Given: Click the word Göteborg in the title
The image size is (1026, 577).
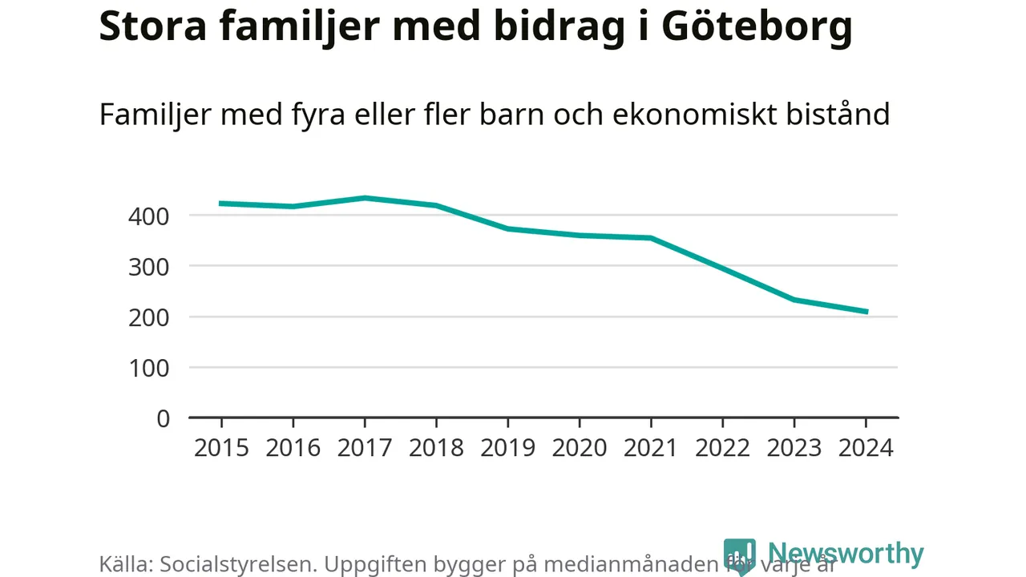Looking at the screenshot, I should click(757, 27).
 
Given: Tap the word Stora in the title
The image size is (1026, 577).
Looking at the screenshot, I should click(151, 26).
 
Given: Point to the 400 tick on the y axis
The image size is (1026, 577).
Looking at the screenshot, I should click(149, 216).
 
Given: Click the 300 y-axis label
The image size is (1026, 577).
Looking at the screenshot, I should click(149, 266).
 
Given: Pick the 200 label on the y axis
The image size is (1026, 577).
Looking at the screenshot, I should click(149, 317).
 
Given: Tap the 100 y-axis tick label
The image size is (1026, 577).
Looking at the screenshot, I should click(149, 368).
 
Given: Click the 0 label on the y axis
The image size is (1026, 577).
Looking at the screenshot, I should click(164, 418).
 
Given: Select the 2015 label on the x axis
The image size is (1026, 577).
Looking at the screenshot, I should click(221, 447).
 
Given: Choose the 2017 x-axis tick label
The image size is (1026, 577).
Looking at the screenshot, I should click(365, 447).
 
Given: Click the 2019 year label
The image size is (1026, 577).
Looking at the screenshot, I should click(507, 447).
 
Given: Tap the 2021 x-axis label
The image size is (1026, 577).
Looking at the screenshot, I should click(651, 447).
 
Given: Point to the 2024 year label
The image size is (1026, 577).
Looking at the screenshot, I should click(866, 447).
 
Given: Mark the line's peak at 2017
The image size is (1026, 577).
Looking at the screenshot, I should click(365, 198).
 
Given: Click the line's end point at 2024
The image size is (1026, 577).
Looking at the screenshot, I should click(866, 312).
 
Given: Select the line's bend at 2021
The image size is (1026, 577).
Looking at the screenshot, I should click(651, 238).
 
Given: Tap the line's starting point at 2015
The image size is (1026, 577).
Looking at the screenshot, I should click(221, 204).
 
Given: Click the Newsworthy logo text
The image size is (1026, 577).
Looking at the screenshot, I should click(846, 554).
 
